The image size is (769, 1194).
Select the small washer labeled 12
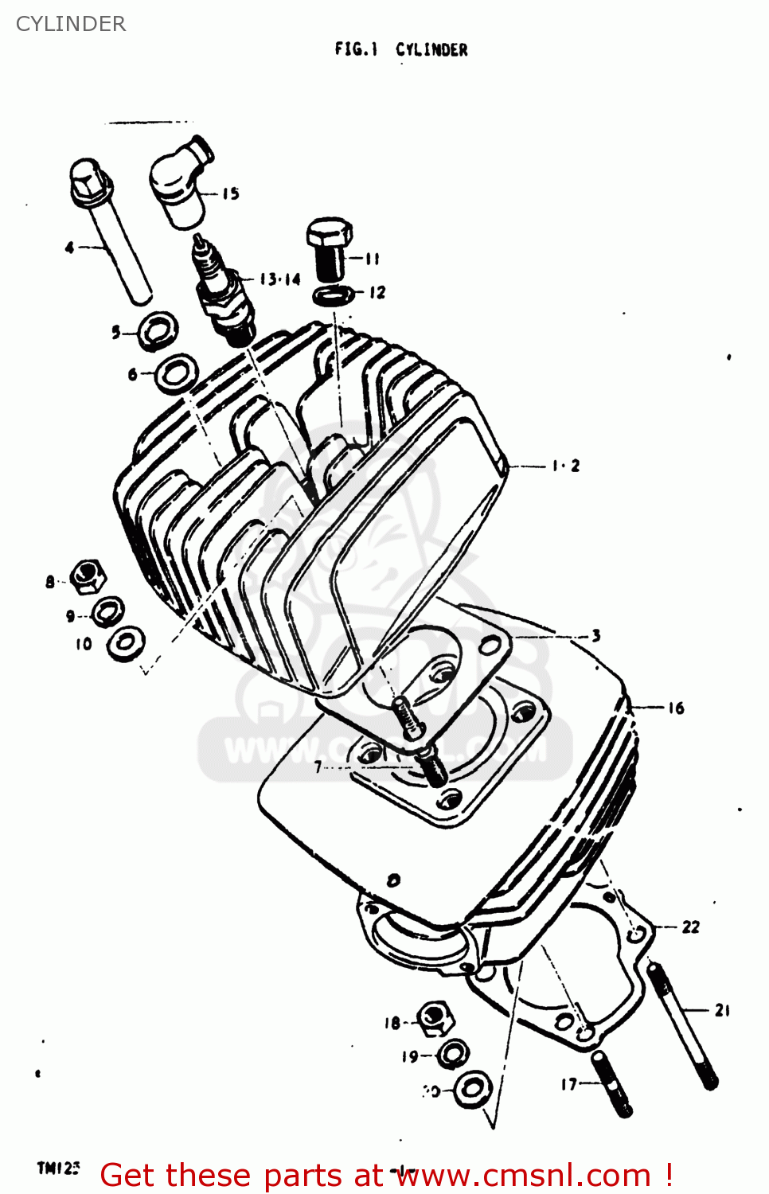click(334, 295)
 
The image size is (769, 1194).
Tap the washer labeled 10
click(126, 643)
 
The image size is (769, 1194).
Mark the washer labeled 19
click(452, 1054)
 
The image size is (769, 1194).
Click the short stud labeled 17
click(611, 1083)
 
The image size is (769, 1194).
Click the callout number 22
click(690, 927)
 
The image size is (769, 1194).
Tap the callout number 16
click(676, 708)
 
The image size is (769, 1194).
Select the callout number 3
click(595, 635)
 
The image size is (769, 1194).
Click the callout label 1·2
click(566, 466)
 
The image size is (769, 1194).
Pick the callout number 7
click(318, 767)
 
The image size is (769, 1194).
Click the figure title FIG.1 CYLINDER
click(401, 49)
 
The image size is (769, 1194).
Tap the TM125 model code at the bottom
click(58, 1168)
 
